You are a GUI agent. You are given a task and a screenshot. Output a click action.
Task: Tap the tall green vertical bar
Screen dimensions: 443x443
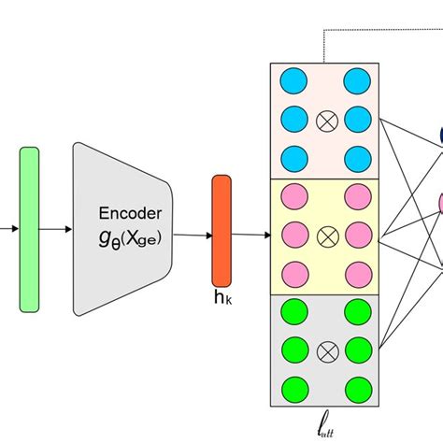[x=29, y=228]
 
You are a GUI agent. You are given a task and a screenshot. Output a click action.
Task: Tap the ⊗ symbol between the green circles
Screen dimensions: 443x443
[x=326, y=350]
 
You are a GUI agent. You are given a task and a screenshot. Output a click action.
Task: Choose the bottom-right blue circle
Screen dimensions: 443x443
[x=356, y=155]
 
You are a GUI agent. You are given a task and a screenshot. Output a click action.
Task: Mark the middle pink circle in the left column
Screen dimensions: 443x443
[x=292, y=234]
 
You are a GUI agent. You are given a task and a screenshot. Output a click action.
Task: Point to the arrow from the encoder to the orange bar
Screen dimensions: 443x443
[x=192, y=236]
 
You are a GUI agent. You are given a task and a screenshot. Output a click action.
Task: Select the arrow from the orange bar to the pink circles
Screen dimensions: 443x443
[x=250, y=236]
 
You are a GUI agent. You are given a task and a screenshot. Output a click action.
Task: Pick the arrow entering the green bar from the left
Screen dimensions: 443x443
[x=8, y=227]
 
